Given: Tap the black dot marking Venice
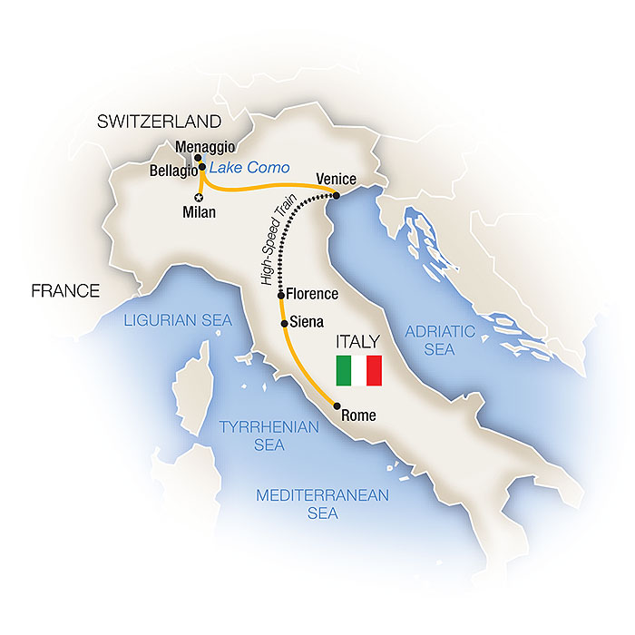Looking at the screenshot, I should click(x=337, y=195).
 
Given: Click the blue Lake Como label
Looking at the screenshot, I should click(x=249, y=169).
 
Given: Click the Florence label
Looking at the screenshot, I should click(x=313, y=295).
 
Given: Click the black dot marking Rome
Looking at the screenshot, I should click(x=337, y=405).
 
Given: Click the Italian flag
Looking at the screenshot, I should click(x=359, y=369).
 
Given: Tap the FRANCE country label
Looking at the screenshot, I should click(x=64, y=291).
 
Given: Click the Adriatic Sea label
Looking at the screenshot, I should click(x=440, y=340).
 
